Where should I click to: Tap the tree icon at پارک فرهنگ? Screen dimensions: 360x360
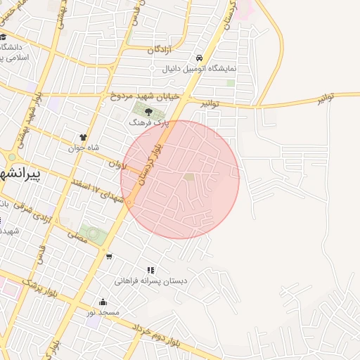[148, 110]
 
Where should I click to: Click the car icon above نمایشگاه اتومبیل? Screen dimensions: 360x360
[200, 58]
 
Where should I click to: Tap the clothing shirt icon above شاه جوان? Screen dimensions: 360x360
[84, 138]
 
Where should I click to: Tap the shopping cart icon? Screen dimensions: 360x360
[109, 256]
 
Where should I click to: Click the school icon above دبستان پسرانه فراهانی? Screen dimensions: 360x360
[150, 270]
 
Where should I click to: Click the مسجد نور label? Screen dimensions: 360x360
[103, 311]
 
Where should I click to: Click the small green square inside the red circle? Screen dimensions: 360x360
[188, 176]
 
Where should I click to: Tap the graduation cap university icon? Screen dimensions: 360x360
[4, 37]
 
